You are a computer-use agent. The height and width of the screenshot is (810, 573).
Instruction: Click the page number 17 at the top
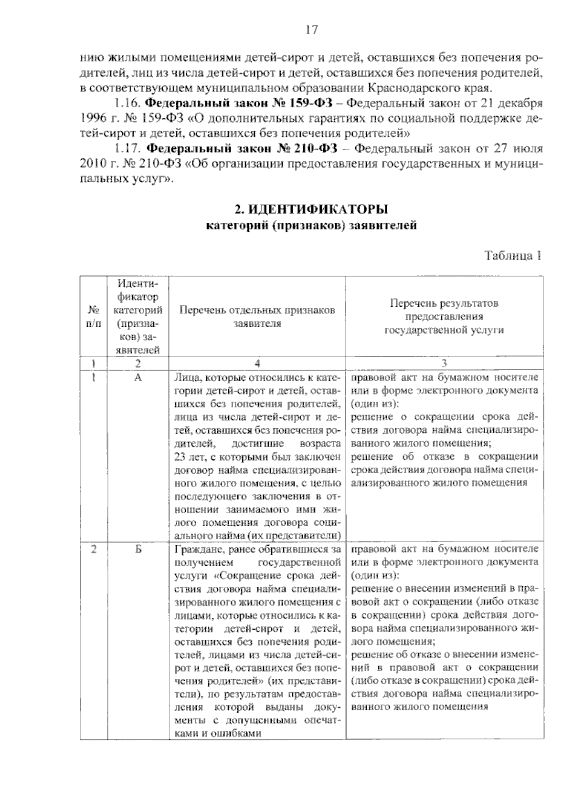click(311, 30)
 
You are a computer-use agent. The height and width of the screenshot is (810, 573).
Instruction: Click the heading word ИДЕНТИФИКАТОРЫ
click(318, 210)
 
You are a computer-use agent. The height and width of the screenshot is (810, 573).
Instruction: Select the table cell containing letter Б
click(138, 549)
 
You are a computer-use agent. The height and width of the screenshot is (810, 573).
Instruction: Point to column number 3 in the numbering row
click(444, 363)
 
